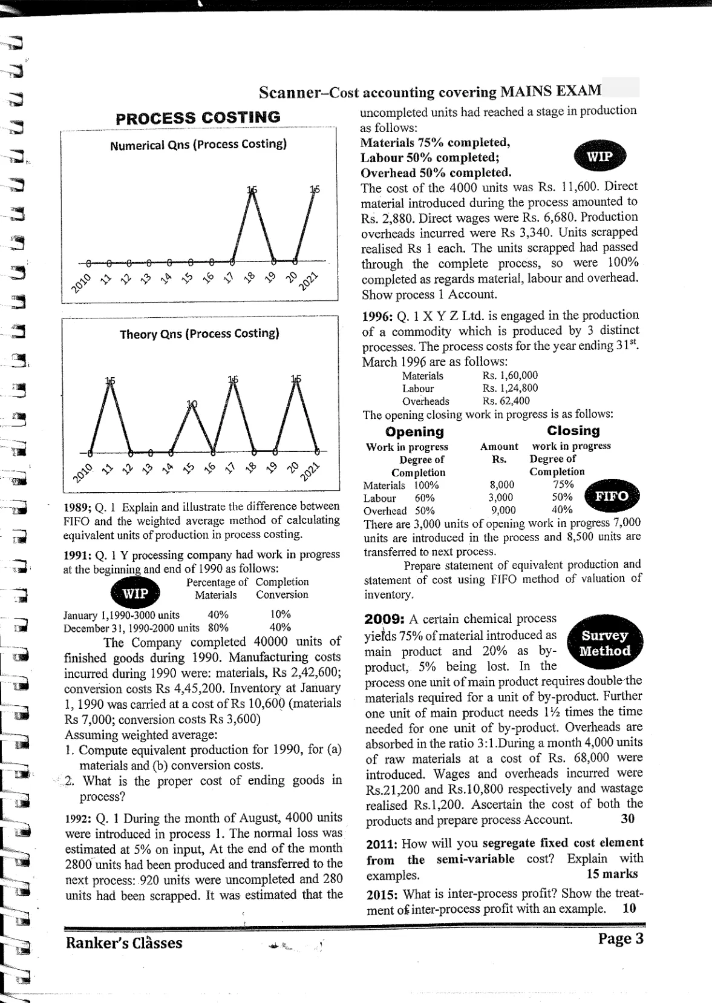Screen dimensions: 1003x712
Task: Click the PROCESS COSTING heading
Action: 198,117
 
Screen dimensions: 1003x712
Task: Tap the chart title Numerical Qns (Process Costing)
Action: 198,145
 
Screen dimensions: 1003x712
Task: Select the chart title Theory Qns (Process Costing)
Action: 199,334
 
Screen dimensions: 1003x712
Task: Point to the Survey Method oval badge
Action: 605,643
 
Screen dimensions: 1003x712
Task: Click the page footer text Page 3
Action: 621,939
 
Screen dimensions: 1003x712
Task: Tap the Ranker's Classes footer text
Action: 124,943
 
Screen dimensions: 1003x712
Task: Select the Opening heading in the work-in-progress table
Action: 414,432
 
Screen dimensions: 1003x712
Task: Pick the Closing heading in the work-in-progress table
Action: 573,431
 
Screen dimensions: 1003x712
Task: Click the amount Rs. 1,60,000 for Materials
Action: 510,375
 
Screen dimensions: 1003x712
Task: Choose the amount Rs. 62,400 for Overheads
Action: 506,401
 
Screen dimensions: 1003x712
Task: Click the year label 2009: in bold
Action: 385,619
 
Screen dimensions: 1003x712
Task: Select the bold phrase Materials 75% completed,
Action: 435,143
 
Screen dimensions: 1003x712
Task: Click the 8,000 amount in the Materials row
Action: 501,484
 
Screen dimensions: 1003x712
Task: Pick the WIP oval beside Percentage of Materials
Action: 134,593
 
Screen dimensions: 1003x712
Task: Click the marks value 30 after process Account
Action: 627,819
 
